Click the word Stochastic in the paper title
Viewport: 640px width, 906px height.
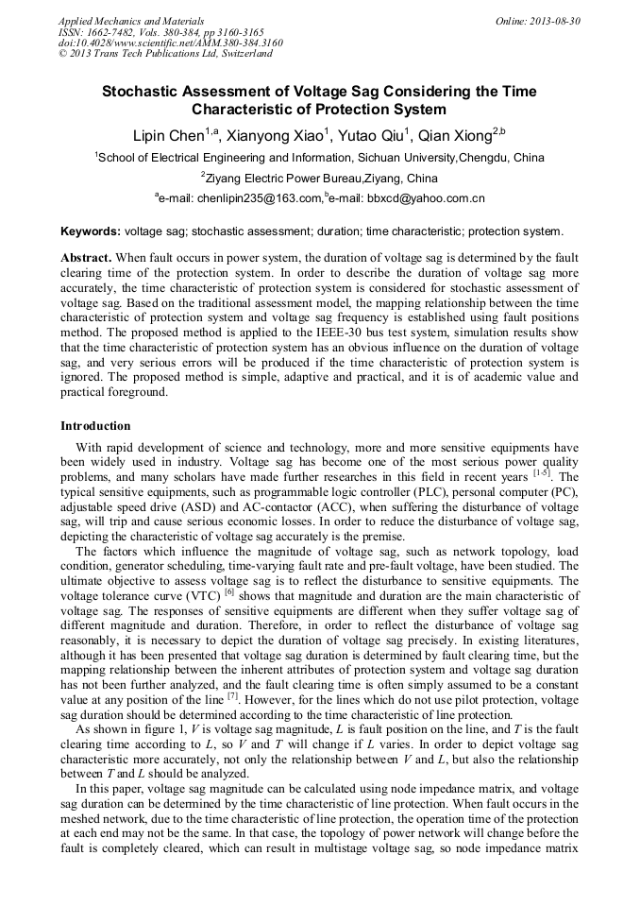(x=142, y=92)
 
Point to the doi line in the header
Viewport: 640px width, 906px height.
(x=170, y=43)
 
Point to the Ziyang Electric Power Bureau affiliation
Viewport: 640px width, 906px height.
(x=321, y=178)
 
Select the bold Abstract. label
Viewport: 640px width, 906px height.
(x=87, y=257)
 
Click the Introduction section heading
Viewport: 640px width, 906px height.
(x=95, y=426)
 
